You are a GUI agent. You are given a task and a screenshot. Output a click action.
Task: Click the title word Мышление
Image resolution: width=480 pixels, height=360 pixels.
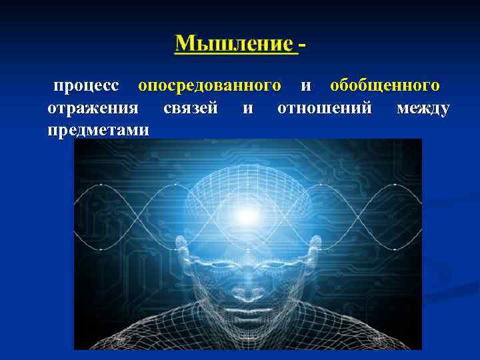pos(233,44)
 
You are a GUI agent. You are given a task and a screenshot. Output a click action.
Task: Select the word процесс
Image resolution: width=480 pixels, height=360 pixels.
pos(86,86)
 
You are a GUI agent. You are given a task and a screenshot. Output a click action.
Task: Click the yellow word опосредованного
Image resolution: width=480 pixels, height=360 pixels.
pos(209,86)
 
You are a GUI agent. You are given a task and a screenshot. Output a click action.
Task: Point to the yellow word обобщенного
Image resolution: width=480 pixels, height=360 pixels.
pos(385,86)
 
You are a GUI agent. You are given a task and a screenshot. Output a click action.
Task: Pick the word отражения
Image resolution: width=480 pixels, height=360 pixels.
pos(93,108)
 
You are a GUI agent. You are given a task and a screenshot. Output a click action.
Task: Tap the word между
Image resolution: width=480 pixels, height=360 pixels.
pos(423,108)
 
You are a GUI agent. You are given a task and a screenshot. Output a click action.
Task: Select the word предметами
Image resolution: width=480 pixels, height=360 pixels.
pos(99,130)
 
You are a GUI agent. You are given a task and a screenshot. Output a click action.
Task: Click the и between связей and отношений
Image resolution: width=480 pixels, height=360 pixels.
pos(247,109)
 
